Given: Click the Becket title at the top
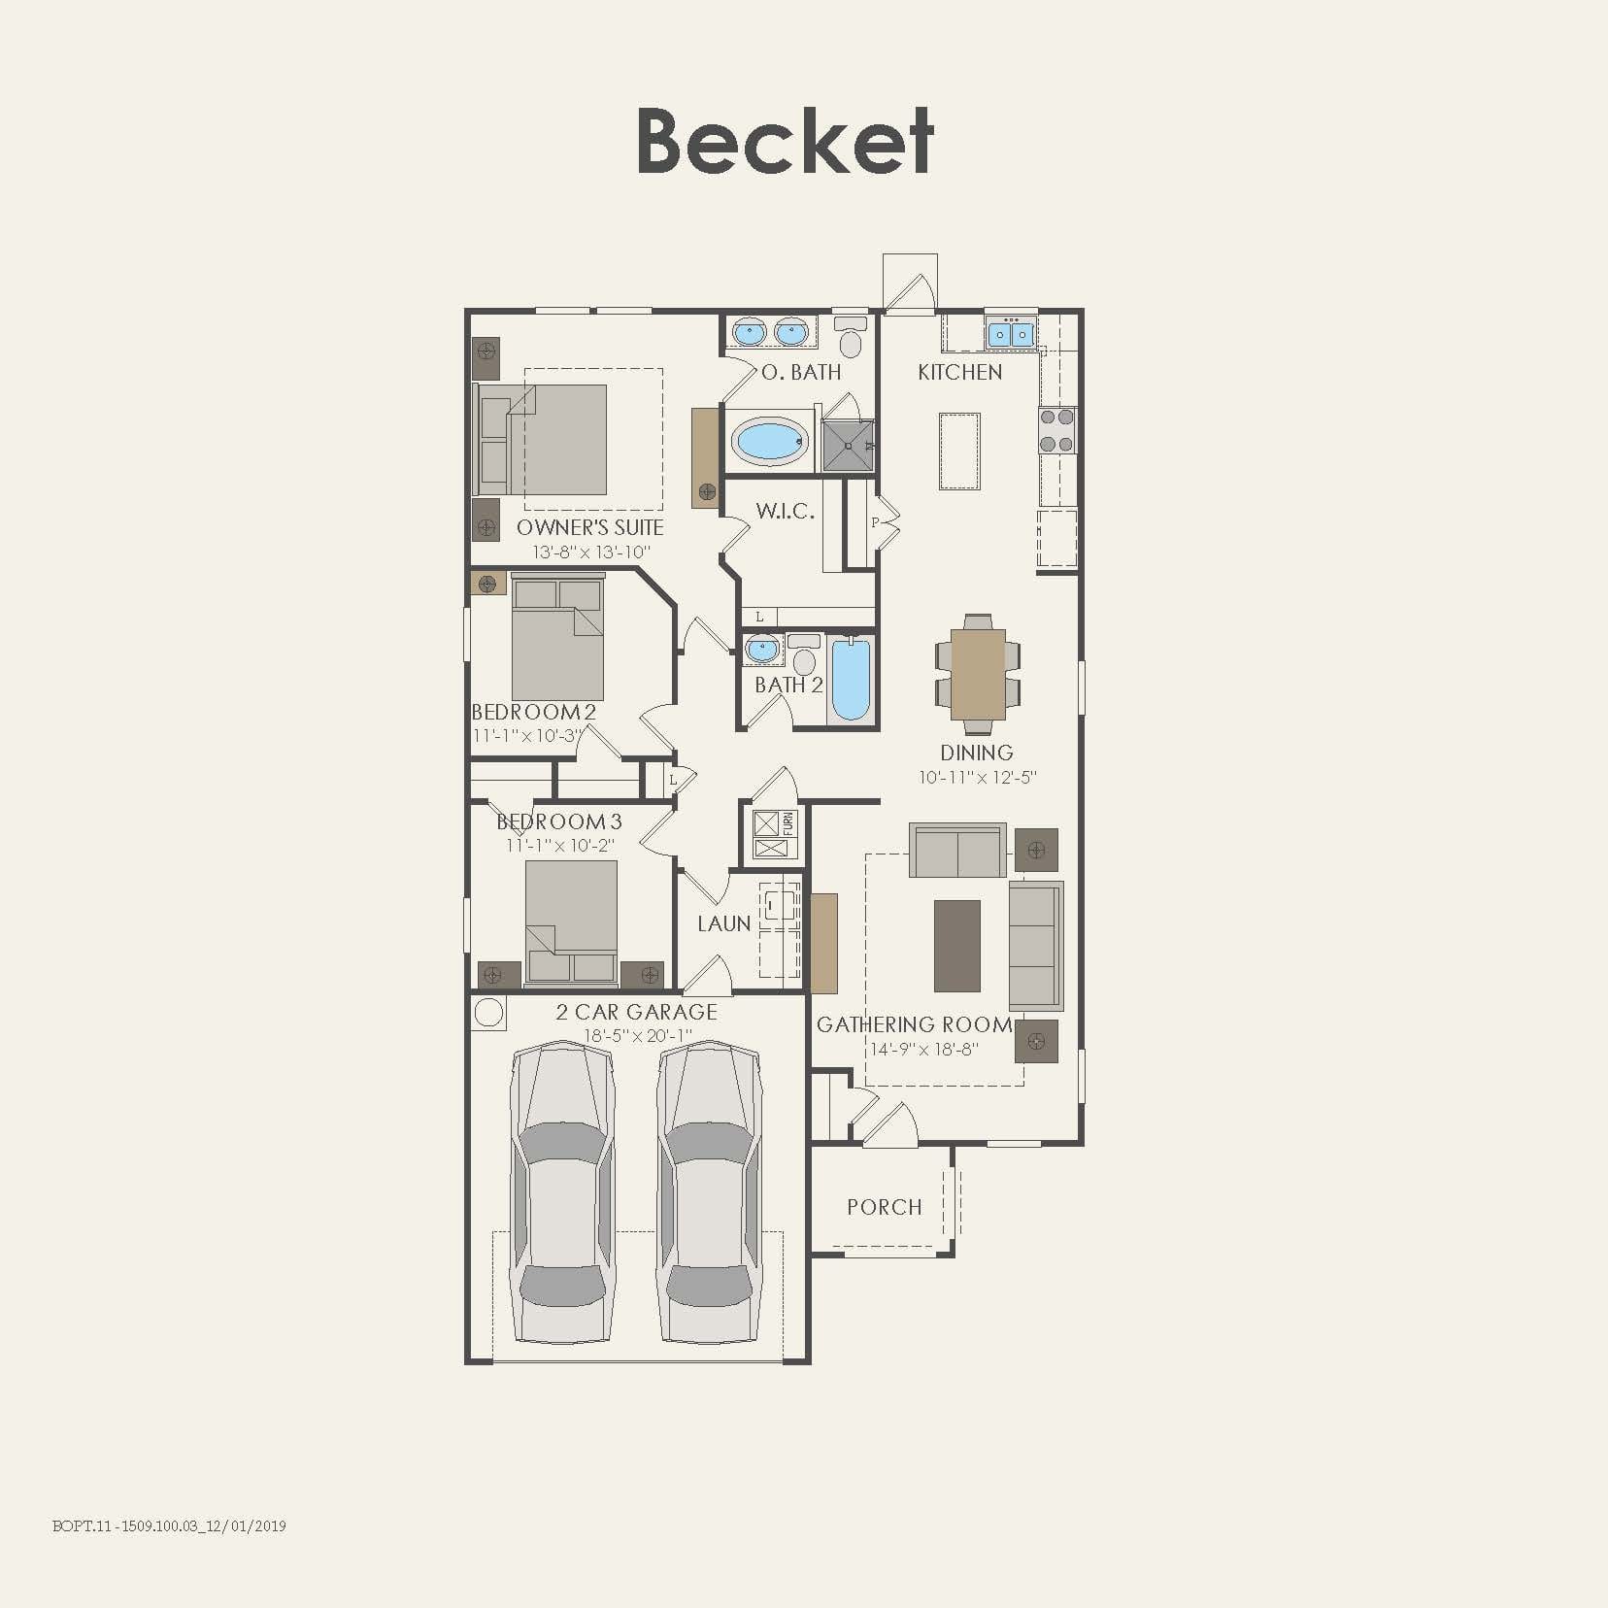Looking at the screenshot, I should click(785, 142).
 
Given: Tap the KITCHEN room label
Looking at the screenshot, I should click(959, 372).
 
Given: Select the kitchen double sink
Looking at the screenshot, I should click(1011, 334).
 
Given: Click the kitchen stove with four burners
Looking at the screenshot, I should click(1057, 431).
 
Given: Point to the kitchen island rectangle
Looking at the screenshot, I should click(959, 452).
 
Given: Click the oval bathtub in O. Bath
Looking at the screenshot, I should click(771, 443).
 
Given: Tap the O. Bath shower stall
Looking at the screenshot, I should click(848, 446).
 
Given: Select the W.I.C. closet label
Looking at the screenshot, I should click(785, 512).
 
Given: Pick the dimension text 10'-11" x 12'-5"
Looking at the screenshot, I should click(978, 778).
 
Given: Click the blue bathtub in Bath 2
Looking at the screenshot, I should click(852, 679).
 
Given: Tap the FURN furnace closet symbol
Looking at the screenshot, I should click(774, 835).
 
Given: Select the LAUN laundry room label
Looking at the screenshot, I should click(724, 924).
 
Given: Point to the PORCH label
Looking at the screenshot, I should click(884, 1207).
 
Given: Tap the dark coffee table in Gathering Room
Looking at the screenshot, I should click(956, 945).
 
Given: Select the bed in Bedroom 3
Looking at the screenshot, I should click(571, 919).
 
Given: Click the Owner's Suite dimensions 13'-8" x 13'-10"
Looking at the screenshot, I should click(590, 553).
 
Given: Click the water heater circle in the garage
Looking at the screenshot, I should click(489, 1013).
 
